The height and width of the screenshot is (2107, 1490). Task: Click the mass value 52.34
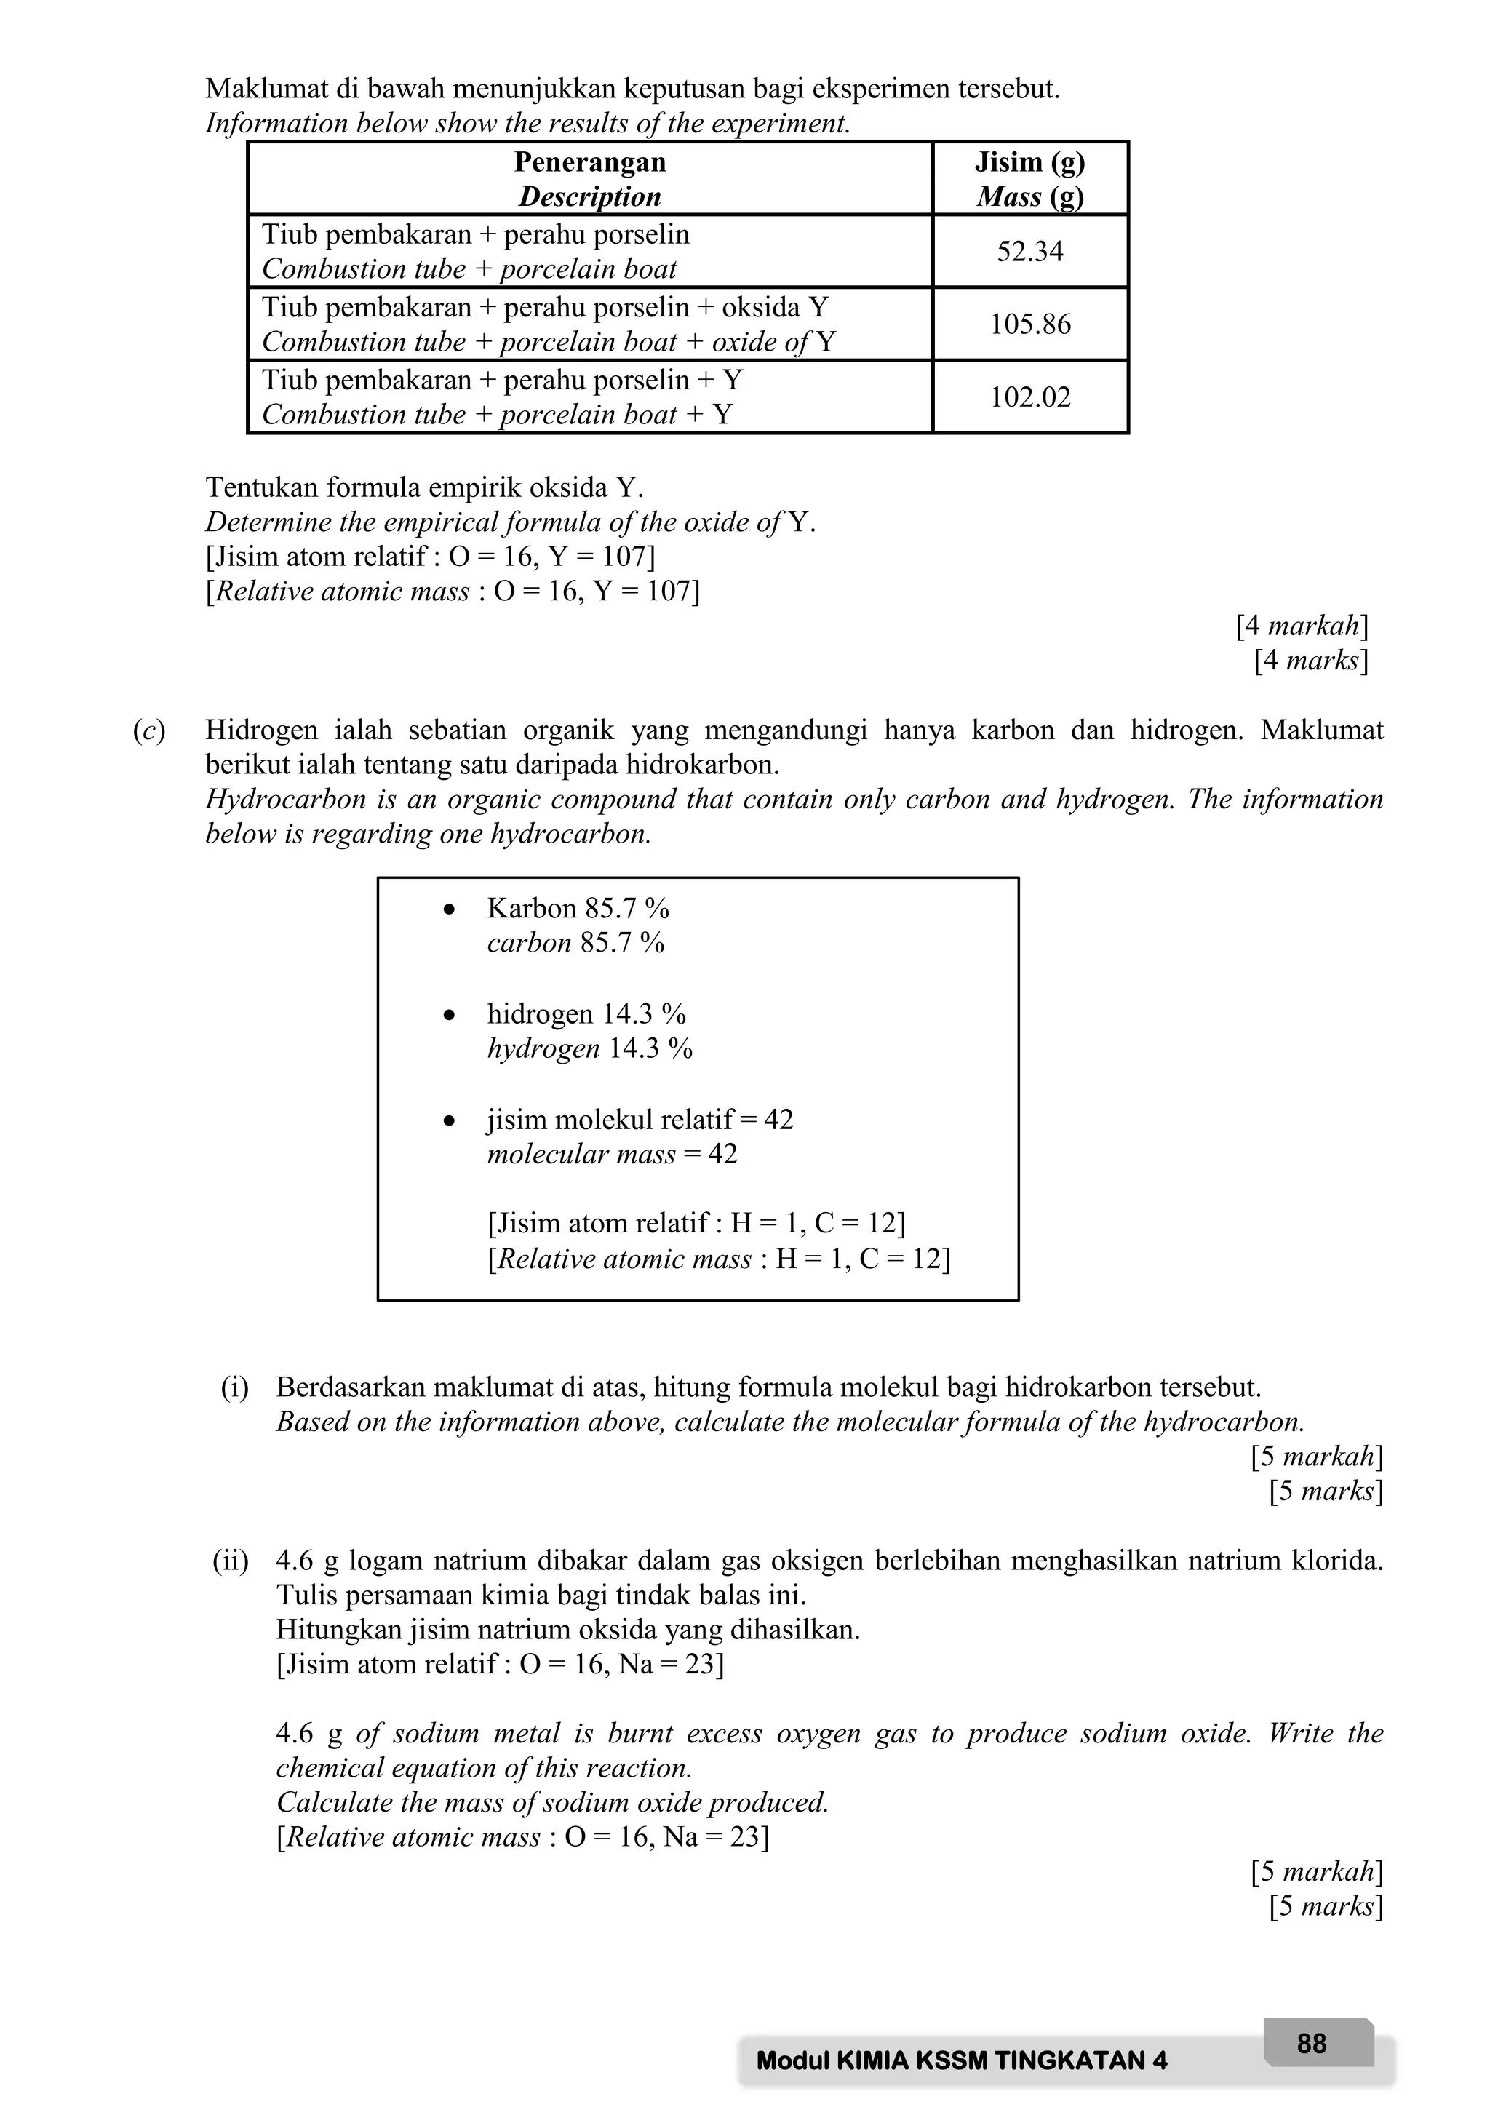[1029, 252]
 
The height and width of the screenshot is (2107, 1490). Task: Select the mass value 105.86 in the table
[1029, 324]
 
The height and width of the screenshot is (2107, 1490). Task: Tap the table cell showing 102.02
[1029, 397]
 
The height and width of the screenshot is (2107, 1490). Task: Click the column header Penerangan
[589, 162]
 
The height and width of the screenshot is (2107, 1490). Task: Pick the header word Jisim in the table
[1008, 162]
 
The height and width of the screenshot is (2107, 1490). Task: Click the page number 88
[1311, 2043]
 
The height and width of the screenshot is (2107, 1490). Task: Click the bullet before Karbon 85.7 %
[449, 909]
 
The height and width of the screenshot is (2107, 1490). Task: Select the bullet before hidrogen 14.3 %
[449, 1015]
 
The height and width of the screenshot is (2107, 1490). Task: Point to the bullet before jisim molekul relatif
[449, 1120]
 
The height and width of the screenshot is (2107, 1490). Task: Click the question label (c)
[148, 730]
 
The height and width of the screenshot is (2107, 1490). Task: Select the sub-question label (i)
[235, 1387]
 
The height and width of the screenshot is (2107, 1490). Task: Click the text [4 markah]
[1301, 626]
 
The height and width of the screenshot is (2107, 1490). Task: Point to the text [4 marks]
[1310, 660]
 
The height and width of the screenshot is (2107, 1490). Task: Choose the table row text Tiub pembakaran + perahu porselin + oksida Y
[545, 306]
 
